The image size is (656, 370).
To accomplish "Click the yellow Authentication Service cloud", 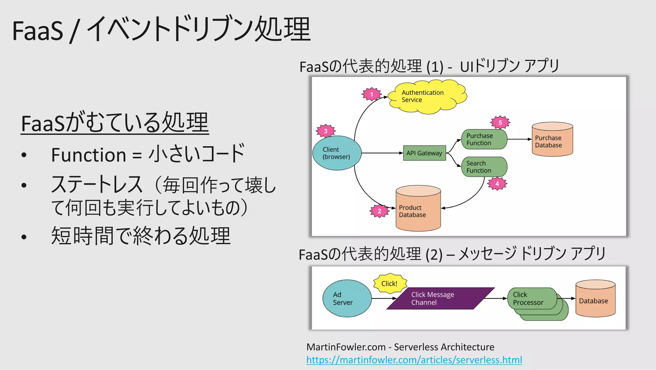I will click(427, 97).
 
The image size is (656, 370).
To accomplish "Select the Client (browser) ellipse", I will click(337, 153).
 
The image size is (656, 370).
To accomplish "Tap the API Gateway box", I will click(424, 153).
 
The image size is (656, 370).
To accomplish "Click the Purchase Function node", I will click(484, 139).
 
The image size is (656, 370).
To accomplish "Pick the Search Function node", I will click(484, 167).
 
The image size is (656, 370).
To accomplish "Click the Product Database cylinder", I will click(418, 210).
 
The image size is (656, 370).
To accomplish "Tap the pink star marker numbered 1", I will click(372, 94).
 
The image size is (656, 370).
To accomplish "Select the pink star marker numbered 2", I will click(379, 211).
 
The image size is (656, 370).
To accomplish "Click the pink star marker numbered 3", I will click(325, 131).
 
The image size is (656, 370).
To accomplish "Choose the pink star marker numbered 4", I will click(497, 184).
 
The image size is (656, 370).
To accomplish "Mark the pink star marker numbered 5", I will click(500, 123).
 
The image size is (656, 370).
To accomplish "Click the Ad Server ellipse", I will click(347, 298).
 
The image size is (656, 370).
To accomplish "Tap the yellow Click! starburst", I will click(389, 284).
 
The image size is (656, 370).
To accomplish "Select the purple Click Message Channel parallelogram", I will click(440, 298).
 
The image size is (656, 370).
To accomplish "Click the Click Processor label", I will click(528, 298).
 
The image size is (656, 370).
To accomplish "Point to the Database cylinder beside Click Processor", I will click(595, 300).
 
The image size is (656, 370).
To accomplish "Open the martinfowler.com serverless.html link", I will click(414, 360).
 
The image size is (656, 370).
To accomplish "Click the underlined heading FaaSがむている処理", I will click(115, 123).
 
